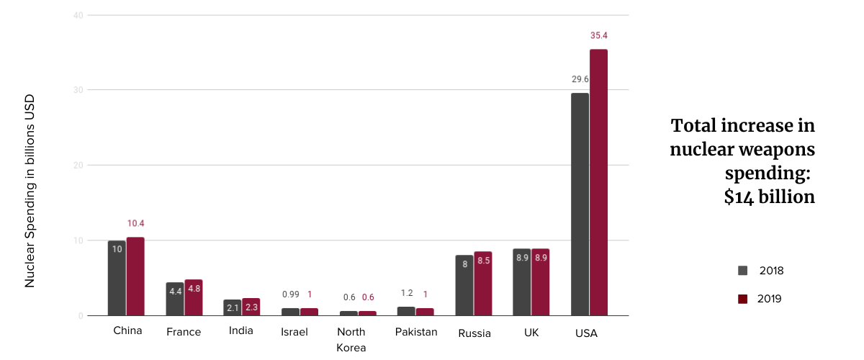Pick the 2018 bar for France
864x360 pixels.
(x=175, y=299)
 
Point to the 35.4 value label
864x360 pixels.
(x=599, y=35)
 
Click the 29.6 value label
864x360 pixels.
(x=580, y=79)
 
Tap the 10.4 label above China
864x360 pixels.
(x=135, y=223)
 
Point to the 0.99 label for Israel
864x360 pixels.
(x=290, y=294)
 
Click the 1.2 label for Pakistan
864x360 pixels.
(x=407, y=293)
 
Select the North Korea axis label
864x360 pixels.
(x=351, y=340)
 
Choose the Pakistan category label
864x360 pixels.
(x=416, y=332)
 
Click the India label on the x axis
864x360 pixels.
(x=240, y=332)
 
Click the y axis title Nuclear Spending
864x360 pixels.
(x=30, y=191)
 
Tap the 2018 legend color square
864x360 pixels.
(x=743, y=271)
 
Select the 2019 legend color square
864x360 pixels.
(x=743, y=298)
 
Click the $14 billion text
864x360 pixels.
(x=769, y=197)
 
